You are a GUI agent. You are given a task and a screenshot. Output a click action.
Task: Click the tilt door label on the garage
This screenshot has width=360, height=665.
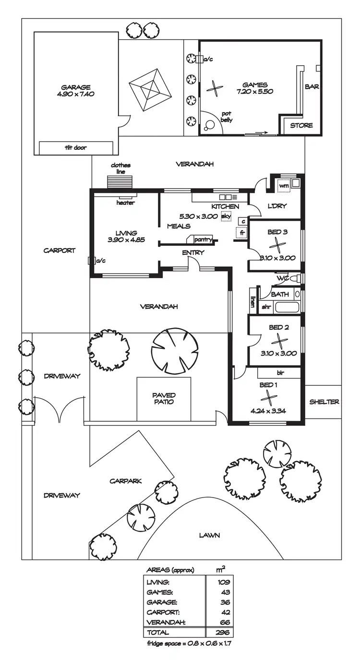coord(75,148)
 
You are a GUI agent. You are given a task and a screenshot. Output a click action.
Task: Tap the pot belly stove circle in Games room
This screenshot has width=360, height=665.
coord(209,126)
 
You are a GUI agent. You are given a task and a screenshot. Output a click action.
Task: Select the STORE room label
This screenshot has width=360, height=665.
coord(301,126)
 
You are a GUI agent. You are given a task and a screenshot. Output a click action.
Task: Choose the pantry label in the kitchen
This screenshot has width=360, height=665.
coord(203,239)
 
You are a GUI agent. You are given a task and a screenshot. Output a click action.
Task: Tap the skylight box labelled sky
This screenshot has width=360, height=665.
coord(226,216)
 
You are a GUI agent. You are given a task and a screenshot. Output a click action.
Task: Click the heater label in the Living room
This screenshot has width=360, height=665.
coord(126,203)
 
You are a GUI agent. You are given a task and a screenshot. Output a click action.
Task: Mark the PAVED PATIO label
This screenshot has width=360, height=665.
coord(164,398)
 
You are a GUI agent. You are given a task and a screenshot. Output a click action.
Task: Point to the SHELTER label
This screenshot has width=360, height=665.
coord(324,402)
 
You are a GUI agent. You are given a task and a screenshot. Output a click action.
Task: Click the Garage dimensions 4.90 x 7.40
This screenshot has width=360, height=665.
coord(76,94)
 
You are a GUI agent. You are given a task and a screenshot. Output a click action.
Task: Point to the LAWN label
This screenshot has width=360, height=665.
coord(209,535)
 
